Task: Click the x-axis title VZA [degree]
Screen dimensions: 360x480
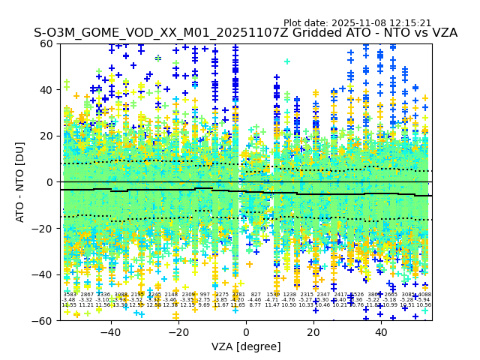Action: (246, 346)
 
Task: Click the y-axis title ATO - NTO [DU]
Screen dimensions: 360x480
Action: (20, 182)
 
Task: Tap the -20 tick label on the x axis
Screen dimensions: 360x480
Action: (178, 331)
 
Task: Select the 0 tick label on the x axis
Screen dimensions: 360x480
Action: (246, 331)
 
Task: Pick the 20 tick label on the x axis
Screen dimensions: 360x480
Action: (313, 331)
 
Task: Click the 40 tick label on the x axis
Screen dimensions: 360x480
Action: (381, 331)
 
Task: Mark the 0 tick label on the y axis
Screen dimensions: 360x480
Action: (51, 182)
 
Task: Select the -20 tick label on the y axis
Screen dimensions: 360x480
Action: (44, 228)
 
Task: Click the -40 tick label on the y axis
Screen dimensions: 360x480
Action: (44, 274)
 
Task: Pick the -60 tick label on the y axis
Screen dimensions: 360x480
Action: (44, 320)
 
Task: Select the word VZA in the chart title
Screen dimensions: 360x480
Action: (442, 33)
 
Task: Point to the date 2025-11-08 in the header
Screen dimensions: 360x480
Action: (360, 23)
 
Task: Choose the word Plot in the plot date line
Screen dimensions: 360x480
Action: (295, 23)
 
